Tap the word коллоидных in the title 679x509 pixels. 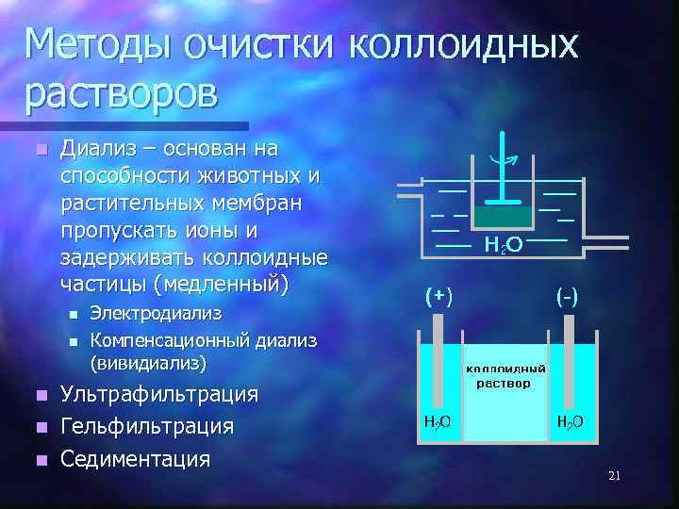pyautogui.click(x=463, y=44)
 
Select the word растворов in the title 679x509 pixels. pyautogui.click(x=122, y=92)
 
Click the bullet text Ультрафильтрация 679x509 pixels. pyautogui.click(x=159, y=394)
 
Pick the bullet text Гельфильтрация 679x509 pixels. pyautogui.click(x=147, y=426)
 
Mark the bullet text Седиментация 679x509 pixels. pyautogui.click(x=135, y=459)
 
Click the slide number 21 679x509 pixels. pyautogui.click(x=614, y=476)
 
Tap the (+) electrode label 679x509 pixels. pyautogui.click(x=439, y=297)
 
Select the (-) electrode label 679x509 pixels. pyautogui.click(x=568, y=297)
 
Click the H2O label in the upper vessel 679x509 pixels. pyautogui.click(x=504, y=245)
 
